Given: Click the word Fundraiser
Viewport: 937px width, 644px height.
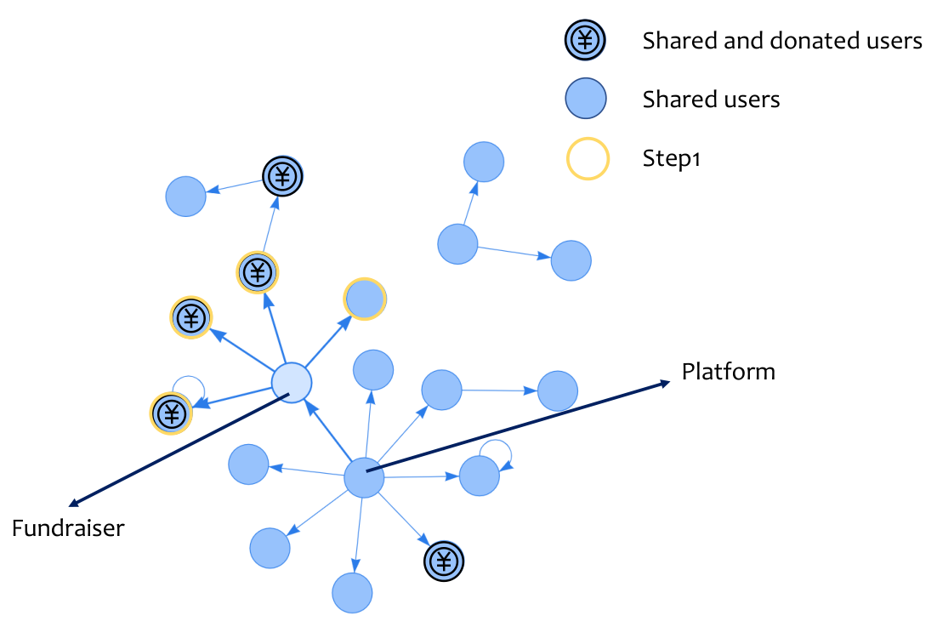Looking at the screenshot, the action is tap(68, 528).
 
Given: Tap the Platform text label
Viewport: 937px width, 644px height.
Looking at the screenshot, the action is tap(729, 371).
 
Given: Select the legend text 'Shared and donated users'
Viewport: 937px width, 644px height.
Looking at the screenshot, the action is tap(782, 41).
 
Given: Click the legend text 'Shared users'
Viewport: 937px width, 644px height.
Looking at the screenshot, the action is tap(711, 100).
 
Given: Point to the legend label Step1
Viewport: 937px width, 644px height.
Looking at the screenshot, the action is tap(671, 158).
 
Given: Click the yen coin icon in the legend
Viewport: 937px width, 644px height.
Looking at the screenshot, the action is tap(585, 40).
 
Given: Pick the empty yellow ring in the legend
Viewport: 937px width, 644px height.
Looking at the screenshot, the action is tap(588, 158).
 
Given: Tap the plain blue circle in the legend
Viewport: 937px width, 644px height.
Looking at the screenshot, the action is tap(586, 98).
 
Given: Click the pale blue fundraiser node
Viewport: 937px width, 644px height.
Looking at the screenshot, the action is tap(292, 382).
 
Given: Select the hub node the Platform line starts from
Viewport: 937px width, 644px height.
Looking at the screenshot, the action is tap(364, 477).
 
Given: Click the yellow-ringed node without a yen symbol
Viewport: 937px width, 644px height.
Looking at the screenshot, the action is tap(365, 299).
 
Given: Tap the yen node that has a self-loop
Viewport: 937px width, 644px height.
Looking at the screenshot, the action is tap(171, 413).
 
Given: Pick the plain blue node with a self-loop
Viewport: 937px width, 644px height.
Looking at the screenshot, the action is tap(480, 476).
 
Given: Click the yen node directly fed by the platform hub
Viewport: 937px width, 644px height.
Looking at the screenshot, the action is tap(443, 561).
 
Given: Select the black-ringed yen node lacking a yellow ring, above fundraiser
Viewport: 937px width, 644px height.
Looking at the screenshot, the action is tap(282, 176).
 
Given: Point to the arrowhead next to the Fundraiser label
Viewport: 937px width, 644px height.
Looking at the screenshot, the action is tap(75, 502).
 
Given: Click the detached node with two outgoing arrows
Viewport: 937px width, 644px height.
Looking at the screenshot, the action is tap(457, 244).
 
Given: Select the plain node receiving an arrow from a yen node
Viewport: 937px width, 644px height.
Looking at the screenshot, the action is tap(186, 197).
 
